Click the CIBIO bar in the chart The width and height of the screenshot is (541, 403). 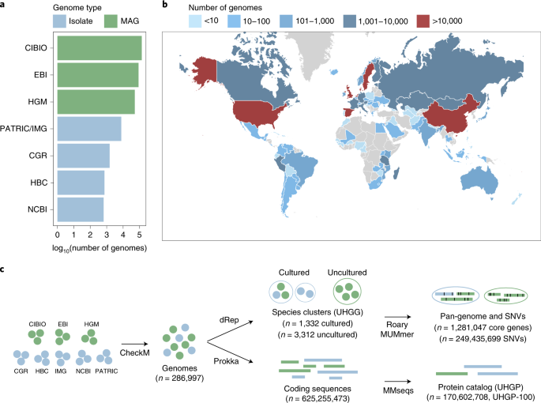(99, 48)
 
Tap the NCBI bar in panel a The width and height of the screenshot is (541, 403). (80, 209)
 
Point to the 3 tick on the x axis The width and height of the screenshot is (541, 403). (107, 233)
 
